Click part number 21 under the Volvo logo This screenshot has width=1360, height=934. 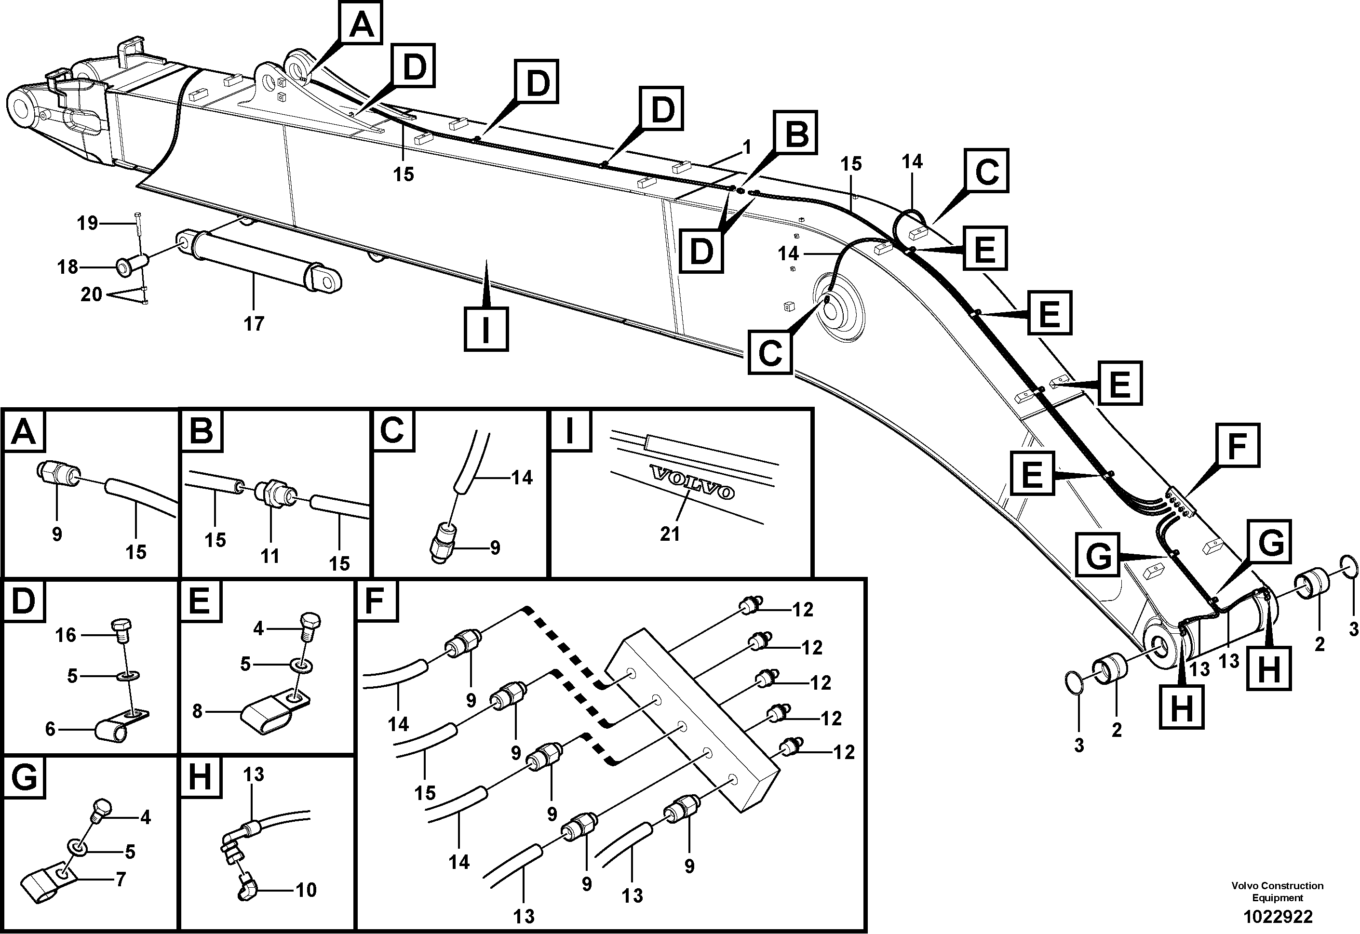[670, 534]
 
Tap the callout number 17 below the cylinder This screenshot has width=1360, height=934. [254, 323]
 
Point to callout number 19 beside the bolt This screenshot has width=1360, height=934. [88, 223]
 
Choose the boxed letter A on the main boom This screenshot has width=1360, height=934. [361, 24]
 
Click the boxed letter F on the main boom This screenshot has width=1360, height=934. [1238, 445]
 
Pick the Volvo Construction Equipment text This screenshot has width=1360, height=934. [1277, 891]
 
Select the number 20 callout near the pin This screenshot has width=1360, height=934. [91, 294]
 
